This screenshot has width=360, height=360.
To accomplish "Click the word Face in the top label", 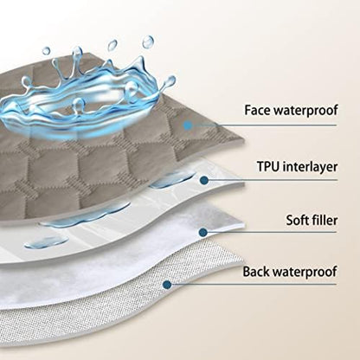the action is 257,110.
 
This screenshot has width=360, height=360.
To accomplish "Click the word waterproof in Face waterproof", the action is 305,111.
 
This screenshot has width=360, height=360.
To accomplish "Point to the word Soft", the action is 298,220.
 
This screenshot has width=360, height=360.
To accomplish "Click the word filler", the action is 325,220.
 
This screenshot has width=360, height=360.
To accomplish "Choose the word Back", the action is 255,272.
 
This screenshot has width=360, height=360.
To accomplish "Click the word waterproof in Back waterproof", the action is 305,273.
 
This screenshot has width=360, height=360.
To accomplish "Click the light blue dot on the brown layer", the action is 188,125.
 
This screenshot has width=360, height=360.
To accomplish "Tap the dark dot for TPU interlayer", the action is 204,180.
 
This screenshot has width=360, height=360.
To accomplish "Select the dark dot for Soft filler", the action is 203,232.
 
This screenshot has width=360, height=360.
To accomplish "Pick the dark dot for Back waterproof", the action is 167,285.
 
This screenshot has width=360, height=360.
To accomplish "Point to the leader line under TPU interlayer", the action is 273,180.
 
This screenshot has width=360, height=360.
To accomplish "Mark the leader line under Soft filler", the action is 273,232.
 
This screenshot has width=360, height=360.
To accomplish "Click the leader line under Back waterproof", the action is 254,285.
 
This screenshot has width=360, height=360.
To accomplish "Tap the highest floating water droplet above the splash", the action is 148,42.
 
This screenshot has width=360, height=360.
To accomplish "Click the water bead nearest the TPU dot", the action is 170,180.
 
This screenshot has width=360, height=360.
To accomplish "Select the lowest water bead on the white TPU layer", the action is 46,243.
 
